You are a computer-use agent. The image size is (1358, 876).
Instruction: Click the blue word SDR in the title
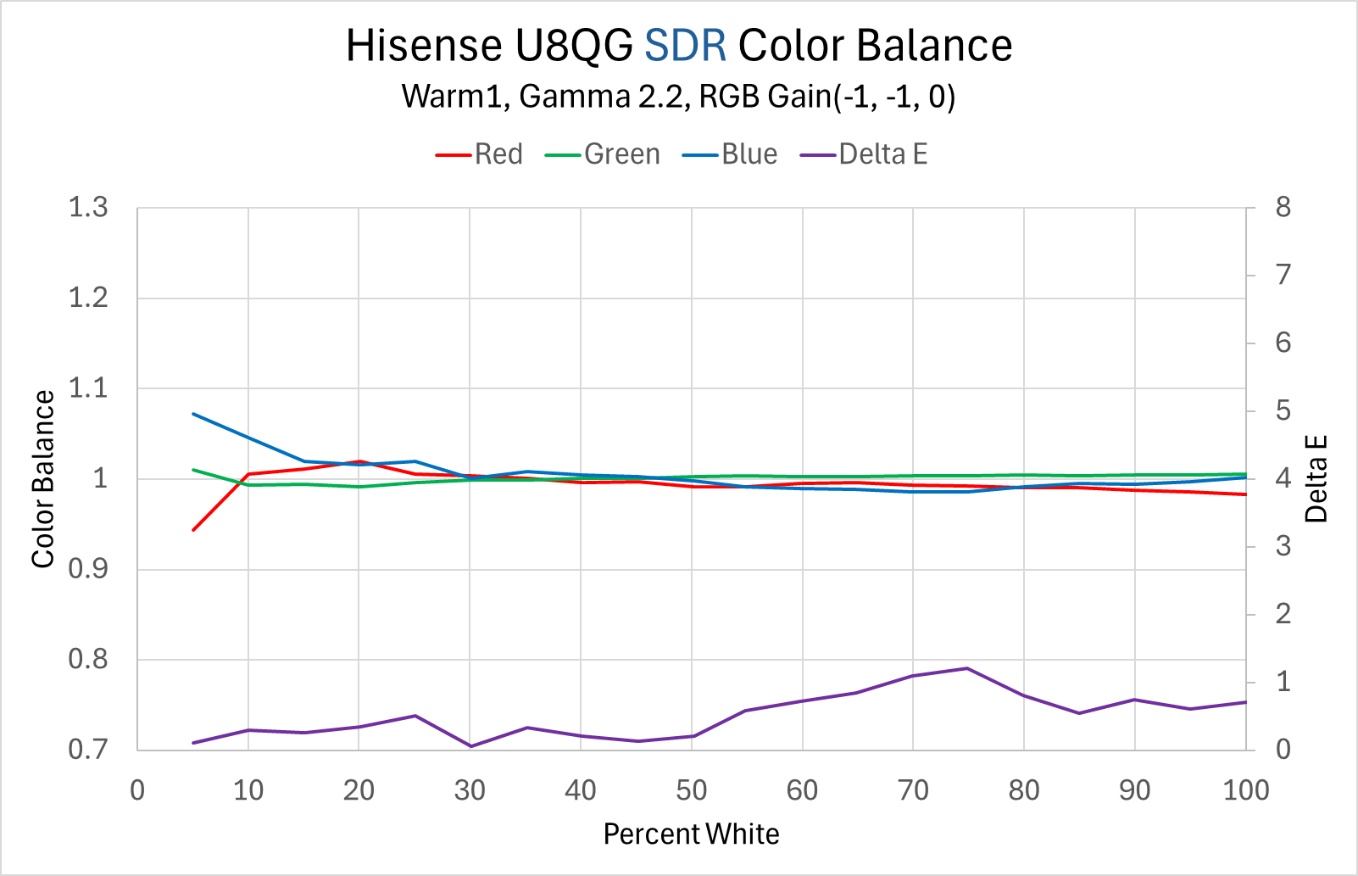click(685, 46)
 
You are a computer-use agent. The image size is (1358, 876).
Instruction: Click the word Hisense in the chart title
click(424, 46)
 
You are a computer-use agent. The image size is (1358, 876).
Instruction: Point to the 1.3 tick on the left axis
click(88, 208)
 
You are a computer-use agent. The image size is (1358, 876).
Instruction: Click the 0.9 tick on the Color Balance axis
click(88, 569)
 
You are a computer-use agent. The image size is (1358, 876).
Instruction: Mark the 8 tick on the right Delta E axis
click(1283, 208)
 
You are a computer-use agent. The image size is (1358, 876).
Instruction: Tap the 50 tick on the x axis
click(692, 790)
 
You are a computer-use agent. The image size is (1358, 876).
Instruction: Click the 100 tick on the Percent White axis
click(1245, 790)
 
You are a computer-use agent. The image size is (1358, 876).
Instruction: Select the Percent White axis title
click(691, 834)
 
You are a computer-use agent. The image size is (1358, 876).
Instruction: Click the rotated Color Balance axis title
click(43, 479)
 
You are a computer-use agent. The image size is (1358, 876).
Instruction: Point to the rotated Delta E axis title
click(1316, 479)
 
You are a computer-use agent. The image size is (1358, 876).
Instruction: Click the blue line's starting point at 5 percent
click(194, 414)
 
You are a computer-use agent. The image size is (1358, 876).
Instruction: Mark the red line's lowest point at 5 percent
click(194, 530)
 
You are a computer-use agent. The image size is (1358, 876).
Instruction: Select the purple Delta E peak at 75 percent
click(967, 668)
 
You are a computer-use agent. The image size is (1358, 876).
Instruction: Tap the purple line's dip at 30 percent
click(470, 746)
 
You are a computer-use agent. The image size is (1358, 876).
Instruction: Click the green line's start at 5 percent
click(194, 470)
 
